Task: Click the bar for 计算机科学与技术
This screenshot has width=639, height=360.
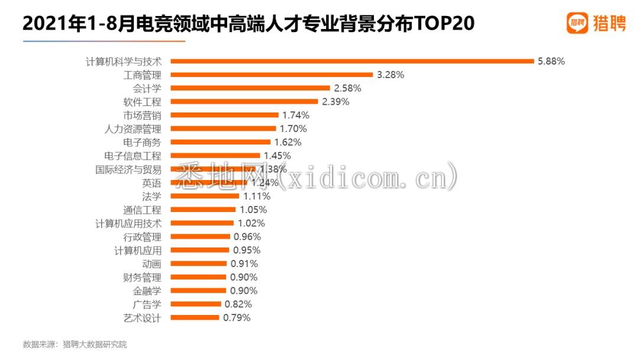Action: coord(352,61)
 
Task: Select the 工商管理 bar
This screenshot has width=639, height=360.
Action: coord(272,75)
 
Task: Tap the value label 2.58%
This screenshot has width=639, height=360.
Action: coord(347,88)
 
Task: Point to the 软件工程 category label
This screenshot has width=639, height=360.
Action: coord(142,102)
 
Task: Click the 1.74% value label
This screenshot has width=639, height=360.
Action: coord(295,115)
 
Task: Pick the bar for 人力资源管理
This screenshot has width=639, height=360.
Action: coord(223,128)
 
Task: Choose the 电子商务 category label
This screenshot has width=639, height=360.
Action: coord(142,142)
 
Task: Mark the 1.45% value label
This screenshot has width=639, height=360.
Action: coord(277,156)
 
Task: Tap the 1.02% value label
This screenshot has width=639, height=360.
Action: coord(251,223)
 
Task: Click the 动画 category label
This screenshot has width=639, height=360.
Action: coord(151,264)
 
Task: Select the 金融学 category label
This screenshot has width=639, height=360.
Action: coord(147,291)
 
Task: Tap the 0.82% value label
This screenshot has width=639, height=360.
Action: coord(238,304)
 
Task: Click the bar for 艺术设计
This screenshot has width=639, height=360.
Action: coord(195,318)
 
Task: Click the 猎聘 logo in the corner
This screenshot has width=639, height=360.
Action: coord(596,24)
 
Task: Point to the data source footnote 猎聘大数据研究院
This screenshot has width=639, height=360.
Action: coord(95,344)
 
